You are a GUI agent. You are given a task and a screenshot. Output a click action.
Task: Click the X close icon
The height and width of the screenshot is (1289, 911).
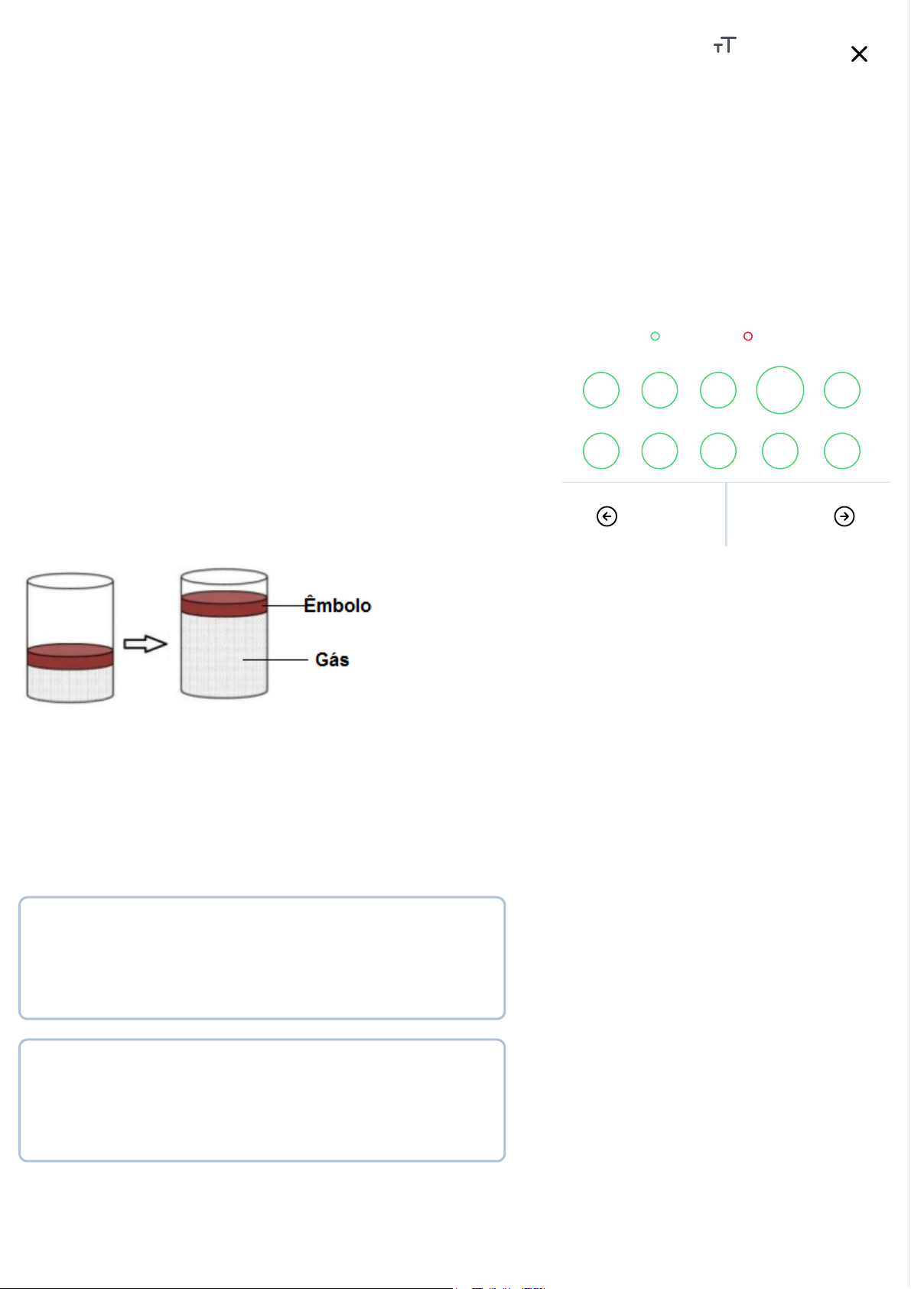859,54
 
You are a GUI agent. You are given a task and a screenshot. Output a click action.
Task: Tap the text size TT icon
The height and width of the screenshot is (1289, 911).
724,44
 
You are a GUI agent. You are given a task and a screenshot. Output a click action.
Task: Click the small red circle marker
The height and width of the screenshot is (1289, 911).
747,336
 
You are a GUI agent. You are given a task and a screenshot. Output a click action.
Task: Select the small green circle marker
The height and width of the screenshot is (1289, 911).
655,336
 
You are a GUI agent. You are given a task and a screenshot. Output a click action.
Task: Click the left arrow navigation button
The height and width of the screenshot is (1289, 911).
607,516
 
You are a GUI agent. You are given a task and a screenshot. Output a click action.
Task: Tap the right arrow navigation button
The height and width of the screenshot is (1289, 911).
844,516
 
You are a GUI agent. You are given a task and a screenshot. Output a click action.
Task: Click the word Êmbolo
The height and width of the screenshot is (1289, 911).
337,605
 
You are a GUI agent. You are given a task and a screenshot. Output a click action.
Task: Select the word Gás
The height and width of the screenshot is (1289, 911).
332,659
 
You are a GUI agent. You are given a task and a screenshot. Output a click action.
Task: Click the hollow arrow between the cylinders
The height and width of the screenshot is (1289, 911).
145,643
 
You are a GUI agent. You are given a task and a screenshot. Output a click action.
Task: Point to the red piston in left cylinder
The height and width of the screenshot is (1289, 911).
70,656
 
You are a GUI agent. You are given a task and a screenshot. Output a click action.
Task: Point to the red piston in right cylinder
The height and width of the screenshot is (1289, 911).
224,604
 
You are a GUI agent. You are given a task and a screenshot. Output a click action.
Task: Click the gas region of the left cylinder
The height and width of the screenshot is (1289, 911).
70,684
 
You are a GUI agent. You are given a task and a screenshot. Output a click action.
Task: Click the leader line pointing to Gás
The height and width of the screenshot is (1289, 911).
275,659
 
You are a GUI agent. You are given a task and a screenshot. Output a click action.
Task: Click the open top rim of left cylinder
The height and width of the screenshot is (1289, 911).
70,574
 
